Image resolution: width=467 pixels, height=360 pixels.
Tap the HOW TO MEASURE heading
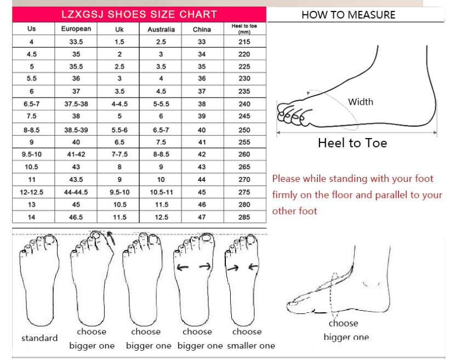click(x=348, y=15)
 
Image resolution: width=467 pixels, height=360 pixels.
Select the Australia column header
click(x=161, y=29)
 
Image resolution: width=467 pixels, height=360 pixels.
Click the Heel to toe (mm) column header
click(x=244, y=28)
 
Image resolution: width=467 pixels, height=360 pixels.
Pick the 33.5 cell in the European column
click(x=76, y=42)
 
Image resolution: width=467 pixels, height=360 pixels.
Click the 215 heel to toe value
click(x=244, y=42)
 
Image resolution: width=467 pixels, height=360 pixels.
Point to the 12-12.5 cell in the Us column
click(x=32, y=192)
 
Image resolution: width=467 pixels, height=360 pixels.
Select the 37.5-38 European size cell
click(x=76, y=104)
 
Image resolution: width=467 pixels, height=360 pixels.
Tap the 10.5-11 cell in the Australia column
click(x=161, y=192)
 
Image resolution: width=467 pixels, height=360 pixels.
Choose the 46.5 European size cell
click(x=76, y=217)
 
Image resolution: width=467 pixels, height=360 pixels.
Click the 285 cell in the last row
click(x=244, y=217)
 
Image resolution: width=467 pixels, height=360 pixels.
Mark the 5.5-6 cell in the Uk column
click(x=119, y=130)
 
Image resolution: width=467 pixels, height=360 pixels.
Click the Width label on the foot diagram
click(x=361, y=102)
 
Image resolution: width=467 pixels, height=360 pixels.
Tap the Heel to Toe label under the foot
click(x=352, y=143)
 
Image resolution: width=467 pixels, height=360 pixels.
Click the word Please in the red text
click(x=286, y=179)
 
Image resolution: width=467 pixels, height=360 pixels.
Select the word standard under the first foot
click(x=39, y=338)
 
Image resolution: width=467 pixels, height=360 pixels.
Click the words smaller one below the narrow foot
click(x=251, y=346)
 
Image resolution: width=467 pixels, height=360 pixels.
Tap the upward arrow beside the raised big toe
click(x=111, y=238)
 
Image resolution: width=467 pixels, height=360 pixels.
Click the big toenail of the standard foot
click(x=49, y=239)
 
